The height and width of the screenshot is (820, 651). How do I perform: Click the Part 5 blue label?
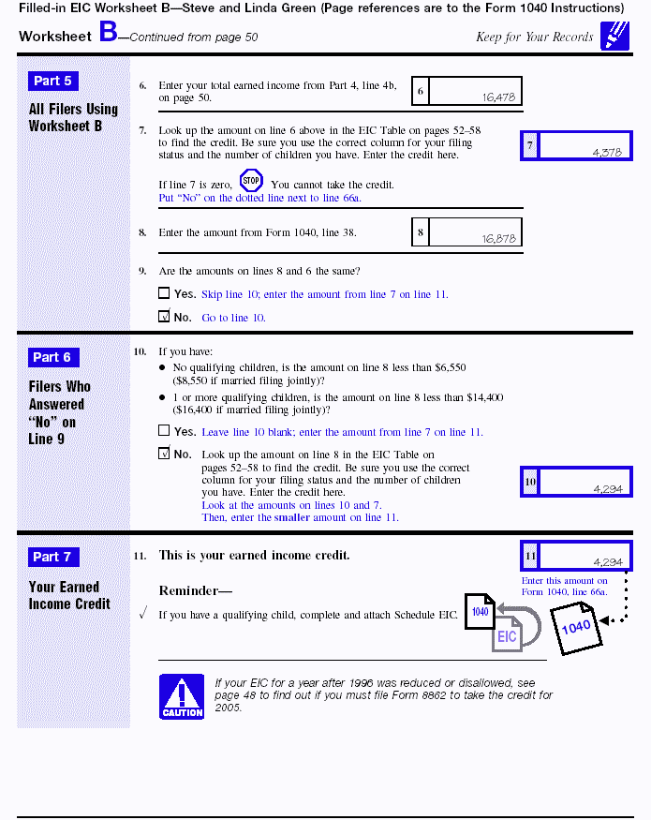click(x=53, y=82)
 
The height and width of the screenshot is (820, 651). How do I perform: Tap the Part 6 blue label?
click(x=53, y=357)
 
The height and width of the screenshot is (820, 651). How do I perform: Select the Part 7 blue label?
click(x=53, y=558)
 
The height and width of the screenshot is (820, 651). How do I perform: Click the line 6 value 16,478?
click(x=499, y=97)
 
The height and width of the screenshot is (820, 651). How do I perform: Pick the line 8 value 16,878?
click(x=499, y=238)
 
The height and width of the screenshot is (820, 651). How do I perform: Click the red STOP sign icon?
click(x=251, y=181)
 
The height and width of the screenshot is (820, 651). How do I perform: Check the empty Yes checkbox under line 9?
click(x=164, y=293)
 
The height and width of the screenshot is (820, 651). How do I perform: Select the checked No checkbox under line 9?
click(x=164, y=318)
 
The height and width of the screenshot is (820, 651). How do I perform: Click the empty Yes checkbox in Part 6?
click(x=164, y=431)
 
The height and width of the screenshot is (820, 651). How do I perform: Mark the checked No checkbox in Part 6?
click(x=164, y=455)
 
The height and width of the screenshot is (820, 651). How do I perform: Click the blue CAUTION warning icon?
click(x=182, y=696)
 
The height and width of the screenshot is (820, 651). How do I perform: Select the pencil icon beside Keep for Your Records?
click(x=614, y=35)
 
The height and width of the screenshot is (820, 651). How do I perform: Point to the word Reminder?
click(x=195, y=591)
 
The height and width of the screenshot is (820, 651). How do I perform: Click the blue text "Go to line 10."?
click(x=234, y=319)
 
